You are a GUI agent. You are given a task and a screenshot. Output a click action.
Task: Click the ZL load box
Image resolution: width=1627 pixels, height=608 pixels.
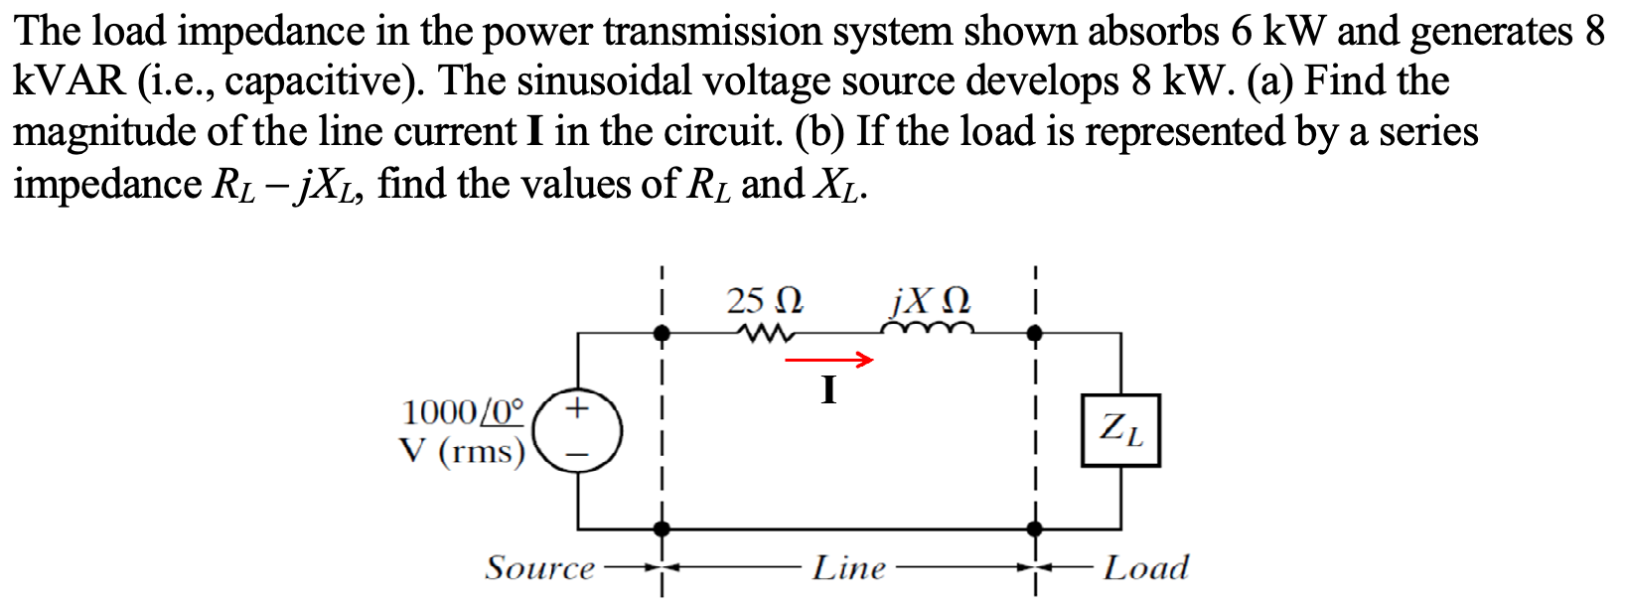click(x=1120, y=430)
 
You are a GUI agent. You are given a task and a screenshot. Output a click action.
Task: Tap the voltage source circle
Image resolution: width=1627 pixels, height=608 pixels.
click(x=578, y=431)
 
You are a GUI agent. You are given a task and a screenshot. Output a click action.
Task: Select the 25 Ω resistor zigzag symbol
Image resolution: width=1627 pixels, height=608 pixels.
click(x=763, y=334)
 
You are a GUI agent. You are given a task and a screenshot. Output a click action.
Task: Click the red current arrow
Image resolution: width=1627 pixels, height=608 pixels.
click(x=829, y=360)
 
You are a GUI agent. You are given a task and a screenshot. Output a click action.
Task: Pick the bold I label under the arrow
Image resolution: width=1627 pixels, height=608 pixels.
click(x=829, y=390)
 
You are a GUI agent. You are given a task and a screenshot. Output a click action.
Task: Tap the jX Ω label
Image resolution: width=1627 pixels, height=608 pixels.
click(x=931, y=299)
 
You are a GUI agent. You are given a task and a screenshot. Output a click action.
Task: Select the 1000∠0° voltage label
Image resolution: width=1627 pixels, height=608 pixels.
click(x=462, y=410)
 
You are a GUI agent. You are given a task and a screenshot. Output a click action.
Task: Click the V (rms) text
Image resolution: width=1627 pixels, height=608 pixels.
click(x=462, y=452)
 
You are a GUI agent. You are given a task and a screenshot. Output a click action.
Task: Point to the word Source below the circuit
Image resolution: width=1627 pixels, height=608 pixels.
click(x=539, y=568)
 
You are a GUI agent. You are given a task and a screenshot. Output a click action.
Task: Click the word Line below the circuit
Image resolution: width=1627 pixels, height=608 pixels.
click(x=848, y=568)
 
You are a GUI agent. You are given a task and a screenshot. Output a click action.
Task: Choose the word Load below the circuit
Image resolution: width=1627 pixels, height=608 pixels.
click(x=1145, y=568)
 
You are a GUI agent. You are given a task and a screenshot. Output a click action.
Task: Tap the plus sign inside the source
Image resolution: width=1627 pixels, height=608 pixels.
click(x=578, y=407)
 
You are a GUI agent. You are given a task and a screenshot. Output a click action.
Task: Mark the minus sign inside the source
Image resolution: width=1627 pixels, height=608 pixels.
click(x=578, y=454)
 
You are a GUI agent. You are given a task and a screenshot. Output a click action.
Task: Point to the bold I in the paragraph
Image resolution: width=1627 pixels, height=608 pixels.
click(x=535, y=132)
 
